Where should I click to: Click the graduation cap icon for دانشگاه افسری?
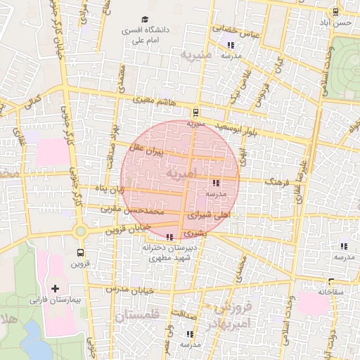(145, 20)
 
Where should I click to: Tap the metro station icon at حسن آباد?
(336, 11)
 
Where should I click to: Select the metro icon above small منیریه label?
(195, 112)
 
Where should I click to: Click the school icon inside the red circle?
(215, 183)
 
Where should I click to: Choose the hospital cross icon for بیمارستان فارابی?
(56, 289)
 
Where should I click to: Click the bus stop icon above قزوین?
(80, 252)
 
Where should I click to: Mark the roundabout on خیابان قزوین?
(80, 231)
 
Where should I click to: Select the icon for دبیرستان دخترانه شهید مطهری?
(170, 236)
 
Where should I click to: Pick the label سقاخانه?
(330, 290)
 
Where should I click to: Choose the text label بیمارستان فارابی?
(56, 300)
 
